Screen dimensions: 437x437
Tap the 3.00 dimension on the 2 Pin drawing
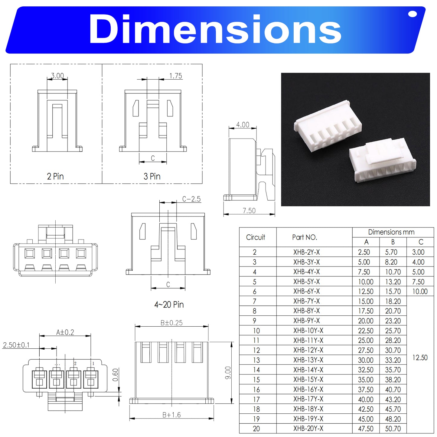pos(57,76)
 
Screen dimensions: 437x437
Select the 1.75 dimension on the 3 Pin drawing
pos(176,76)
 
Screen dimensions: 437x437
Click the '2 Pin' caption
pos(55,176)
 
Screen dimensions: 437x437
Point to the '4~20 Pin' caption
pos(169,304)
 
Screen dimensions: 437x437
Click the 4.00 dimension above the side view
pos(243,125)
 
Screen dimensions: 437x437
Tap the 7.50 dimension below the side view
pos(249,210)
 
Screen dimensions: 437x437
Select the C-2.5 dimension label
pos(191,199)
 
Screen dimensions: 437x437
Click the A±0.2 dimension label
pos(65,332)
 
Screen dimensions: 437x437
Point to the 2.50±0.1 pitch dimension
pos(16,345)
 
